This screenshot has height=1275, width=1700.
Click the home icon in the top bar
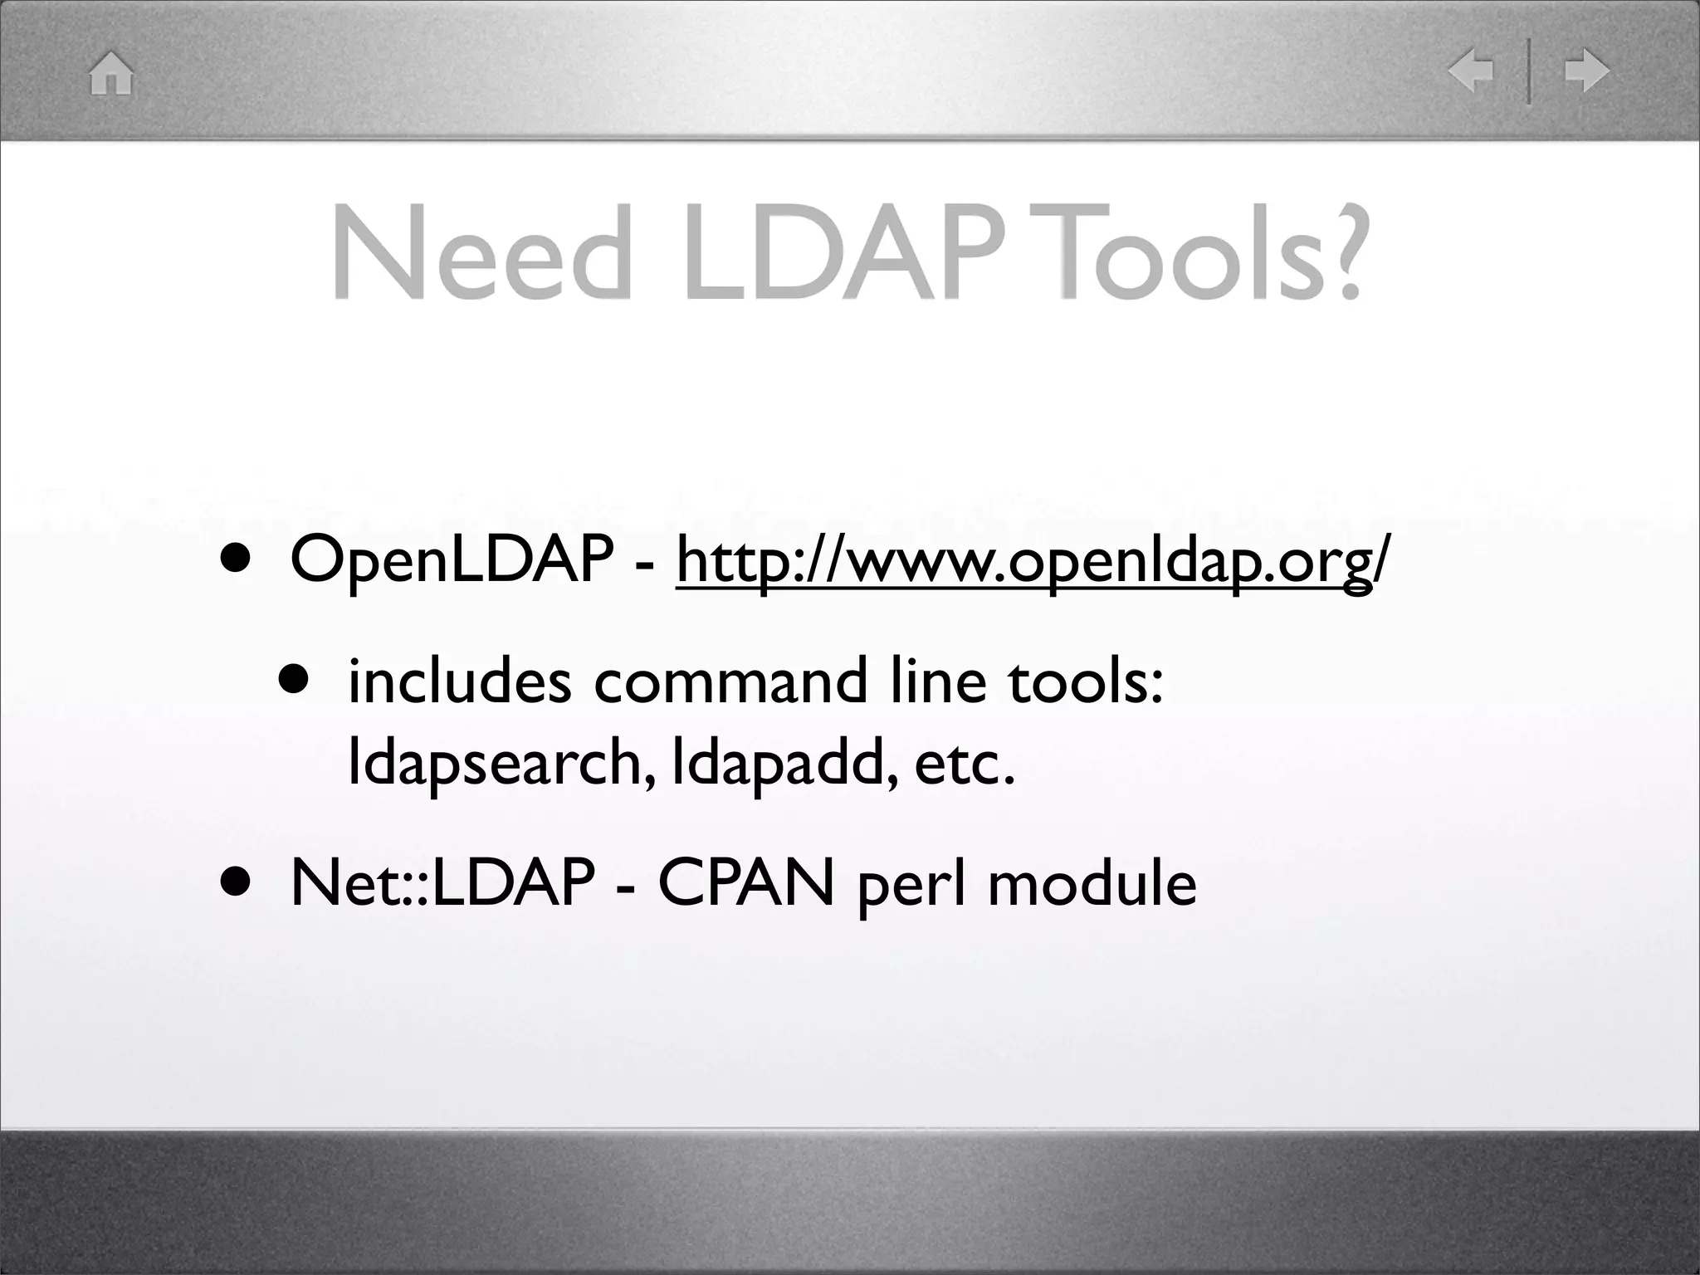coord(111,73)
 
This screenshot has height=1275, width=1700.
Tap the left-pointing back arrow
coord(1470,71)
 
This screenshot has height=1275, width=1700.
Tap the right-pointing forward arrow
coord(1586,71)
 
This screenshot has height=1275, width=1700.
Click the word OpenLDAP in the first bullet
coord(452,560)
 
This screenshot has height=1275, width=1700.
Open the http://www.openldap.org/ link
coord(1029,562)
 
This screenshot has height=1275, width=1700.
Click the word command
coord(730,681)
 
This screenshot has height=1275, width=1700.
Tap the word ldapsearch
coord(495,765)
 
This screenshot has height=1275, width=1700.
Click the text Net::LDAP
coord(442,883)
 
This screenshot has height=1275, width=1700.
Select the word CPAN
coord(745,883)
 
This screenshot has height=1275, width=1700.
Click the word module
coord(1092,883)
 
